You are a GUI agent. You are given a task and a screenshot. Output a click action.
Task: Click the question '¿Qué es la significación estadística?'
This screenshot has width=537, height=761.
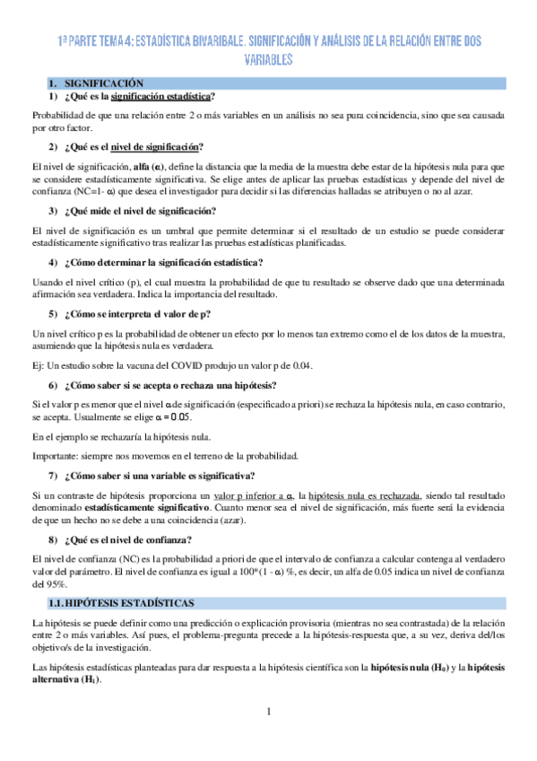click(x=141, y=96)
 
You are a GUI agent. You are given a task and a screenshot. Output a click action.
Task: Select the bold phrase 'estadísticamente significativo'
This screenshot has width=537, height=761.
click(x=161, y=507)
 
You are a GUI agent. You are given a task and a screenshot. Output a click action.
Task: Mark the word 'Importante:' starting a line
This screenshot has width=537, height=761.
click(x=56, y=455)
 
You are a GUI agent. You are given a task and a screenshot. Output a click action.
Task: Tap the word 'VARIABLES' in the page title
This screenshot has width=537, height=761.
click(x=268, y=59)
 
